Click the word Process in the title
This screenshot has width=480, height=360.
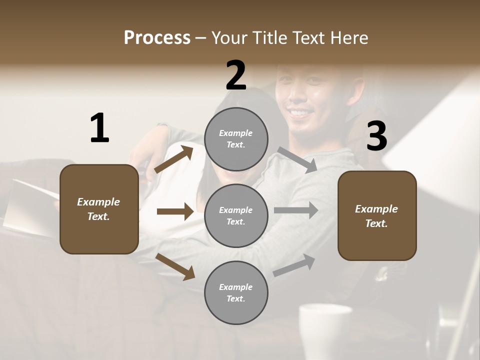click(157, 38)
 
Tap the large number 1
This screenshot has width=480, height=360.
click(99, 128)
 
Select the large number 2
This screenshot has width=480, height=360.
click(235, 75)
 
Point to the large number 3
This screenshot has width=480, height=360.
click(376, 136)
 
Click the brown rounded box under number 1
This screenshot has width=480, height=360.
click(99, 209)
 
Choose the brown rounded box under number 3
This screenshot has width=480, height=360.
click(377, 216)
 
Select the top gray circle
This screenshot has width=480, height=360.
click(236, 139)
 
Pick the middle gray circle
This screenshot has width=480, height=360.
click(236, 216)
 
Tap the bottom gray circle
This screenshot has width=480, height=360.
click(236, 293)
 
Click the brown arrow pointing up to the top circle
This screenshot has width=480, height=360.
click(174, 159)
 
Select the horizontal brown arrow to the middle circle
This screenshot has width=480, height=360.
click(175, 211)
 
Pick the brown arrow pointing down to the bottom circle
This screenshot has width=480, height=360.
click(175, 266)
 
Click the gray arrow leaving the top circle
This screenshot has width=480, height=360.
click(297, 160)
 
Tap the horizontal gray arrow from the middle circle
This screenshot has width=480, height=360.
click(296, 210)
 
